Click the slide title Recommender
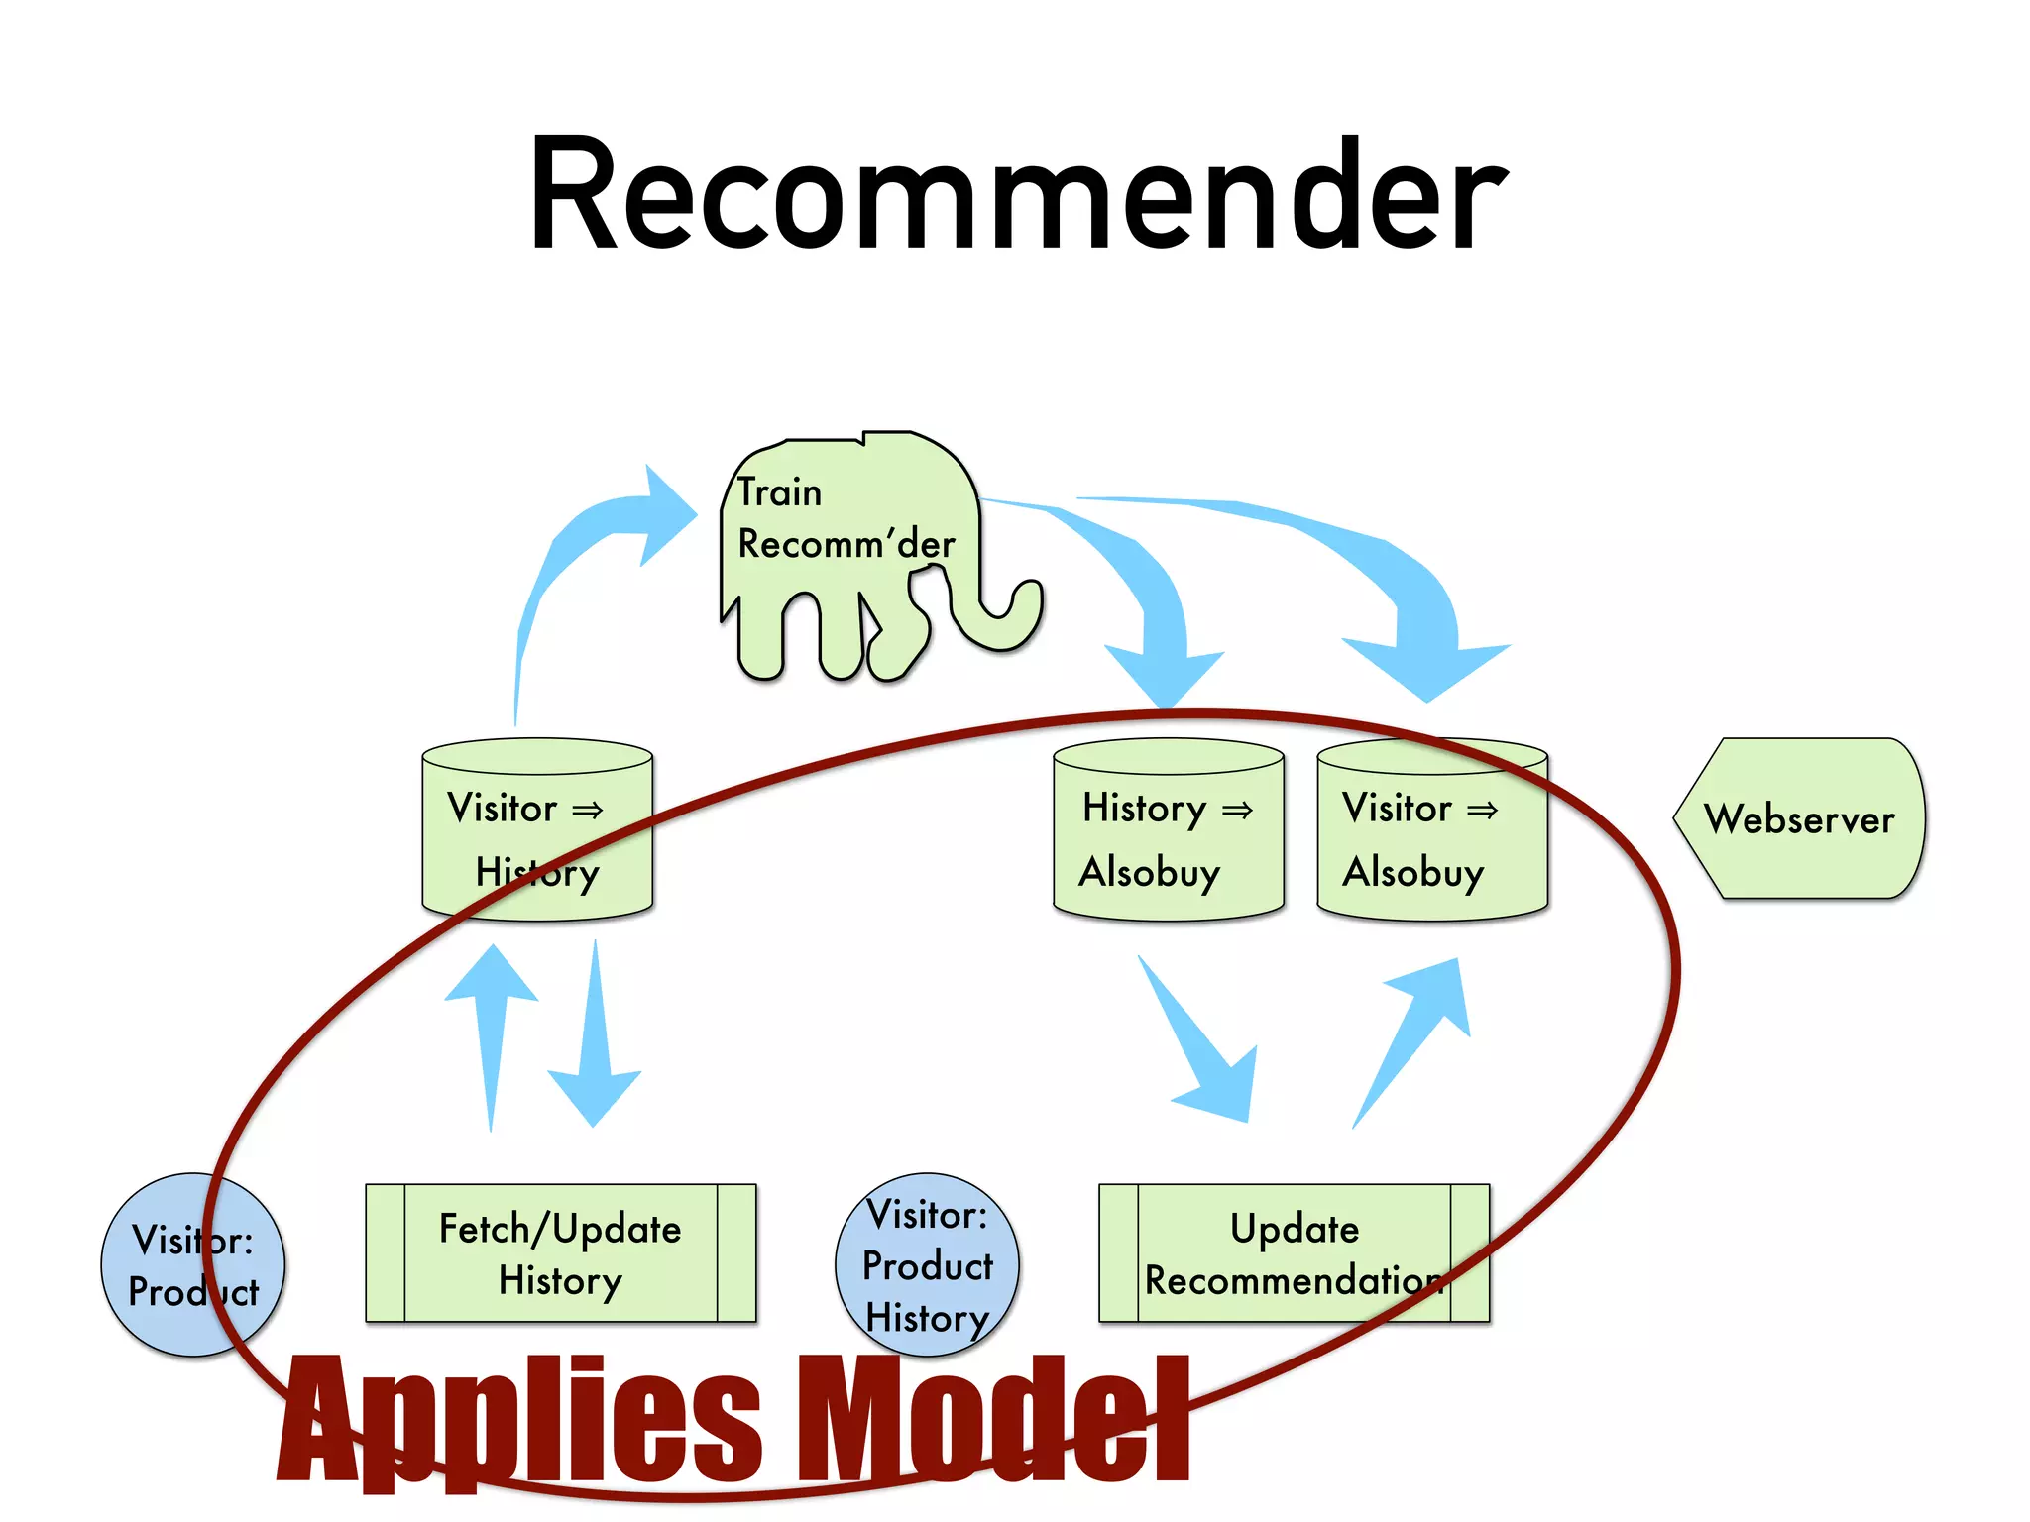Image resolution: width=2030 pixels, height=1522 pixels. pyautogui.click(x=1017, y=194)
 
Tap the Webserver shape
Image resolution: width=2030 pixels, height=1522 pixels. pyautogui.click(x=1798, y=818)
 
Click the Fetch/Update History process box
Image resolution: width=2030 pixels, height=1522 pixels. pyautogui.click(x=560, y=1253)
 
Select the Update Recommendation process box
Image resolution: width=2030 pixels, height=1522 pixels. pyautogui.click(x=1294, y=1253)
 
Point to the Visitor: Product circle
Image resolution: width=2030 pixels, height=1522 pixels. pyautogui.click(x=193, y=1264)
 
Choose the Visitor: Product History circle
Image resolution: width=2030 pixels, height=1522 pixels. pyautogui.click(x=927, y=1264)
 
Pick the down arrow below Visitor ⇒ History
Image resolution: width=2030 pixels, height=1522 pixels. pyautogui.click(x=595, y=1040)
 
